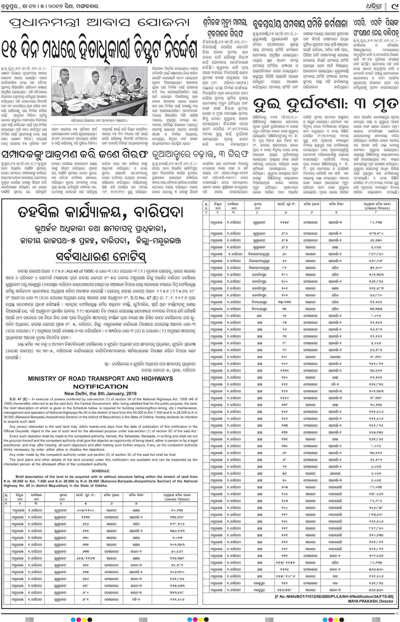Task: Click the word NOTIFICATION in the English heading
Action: [101, 386]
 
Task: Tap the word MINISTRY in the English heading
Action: [43, 379]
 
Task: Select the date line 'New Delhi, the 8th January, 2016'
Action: [101, 393]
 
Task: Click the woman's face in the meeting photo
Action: [125, 81]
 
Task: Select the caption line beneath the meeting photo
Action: [99, 120]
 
